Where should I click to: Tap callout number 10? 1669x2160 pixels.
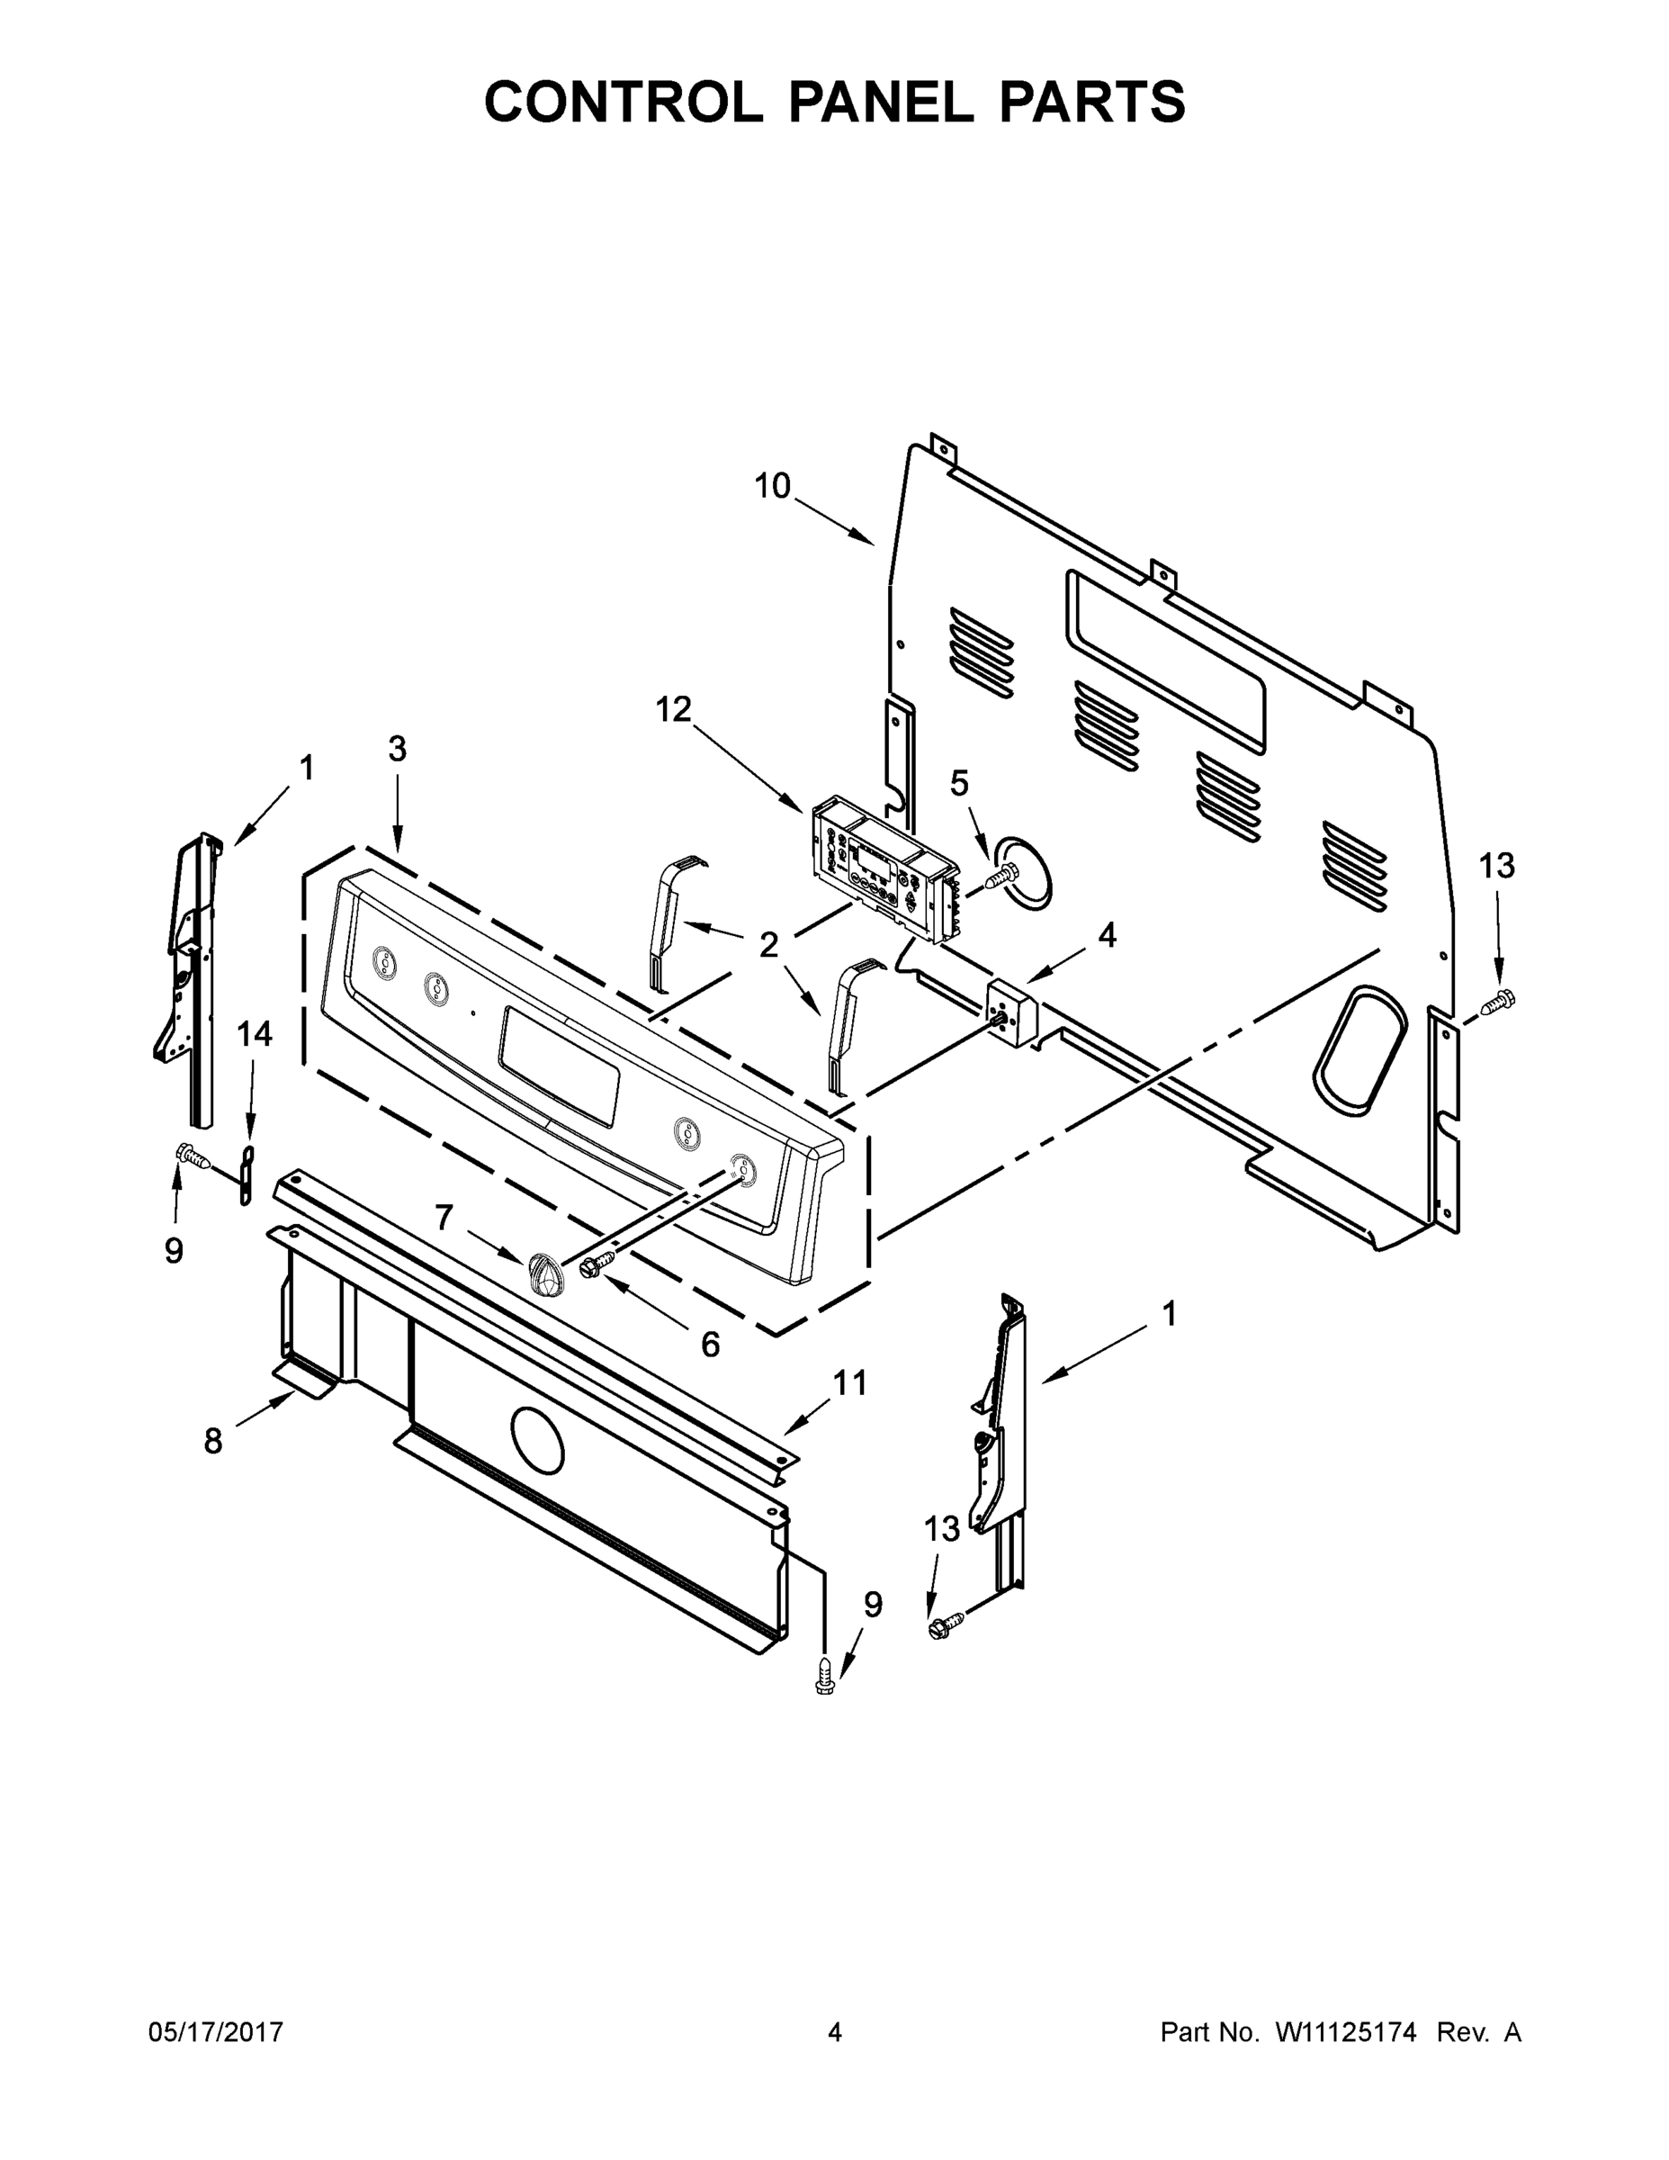(x=772, y=486)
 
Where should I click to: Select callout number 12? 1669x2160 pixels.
(x=673, y=709)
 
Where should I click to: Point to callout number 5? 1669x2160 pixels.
(x=959, y=783)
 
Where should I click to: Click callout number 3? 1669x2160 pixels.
(x=397, y=750)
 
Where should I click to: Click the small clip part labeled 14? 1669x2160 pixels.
(x=246, y=1176)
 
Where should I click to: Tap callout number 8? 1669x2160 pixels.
(x=213, y=1442)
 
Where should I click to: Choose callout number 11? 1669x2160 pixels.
(x=849, y=1382)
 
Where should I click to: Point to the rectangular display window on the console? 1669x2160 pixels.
(x=560, y=1066)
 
